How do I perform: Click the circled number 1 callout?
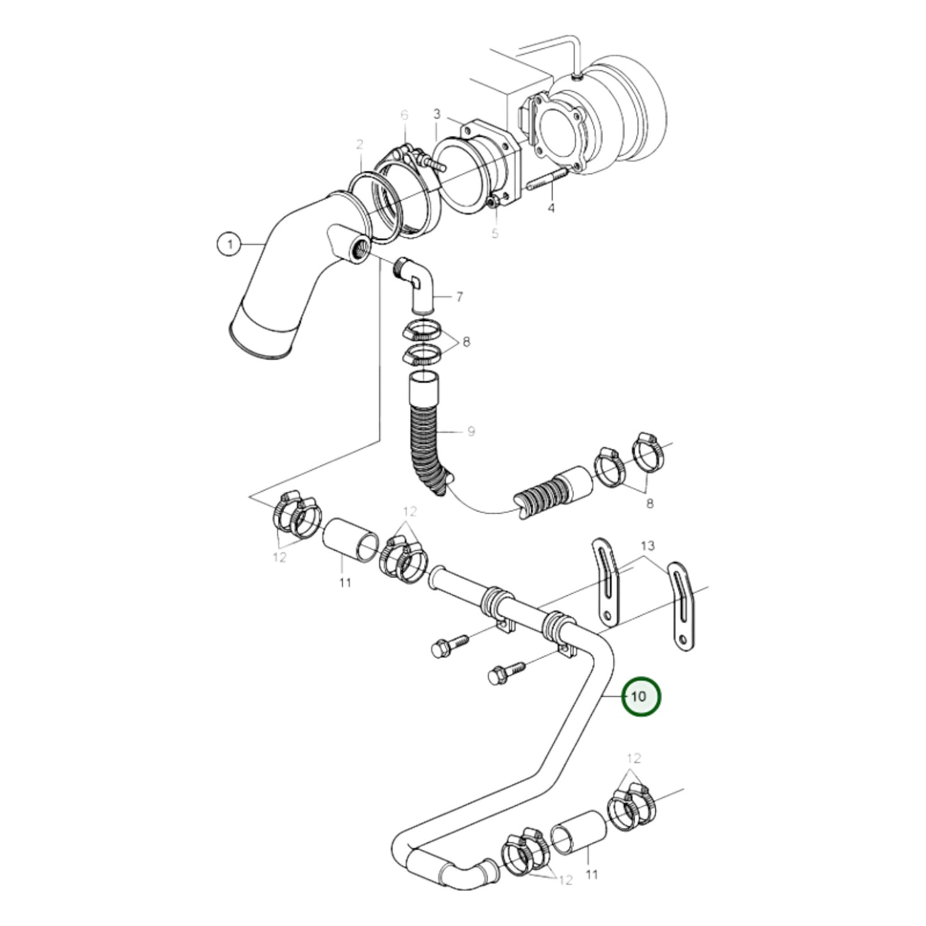point(230,245)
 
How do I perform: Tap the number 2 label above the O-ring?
point(360,144)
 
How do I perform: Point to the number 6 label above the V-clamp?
point(404,115)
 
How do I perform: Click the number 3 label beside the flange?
point(437,114)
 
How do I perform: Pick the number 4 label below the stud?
point(551,208)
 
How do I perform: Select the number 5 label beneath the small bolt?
point(495,234)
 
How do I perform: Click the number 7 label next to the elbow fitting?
point(459,297)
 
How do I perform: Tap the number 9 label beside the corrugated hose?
point(471,431)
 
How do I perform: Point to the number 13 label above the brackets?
point(647,547)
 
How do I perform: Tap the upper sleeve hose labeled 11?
point(349,539)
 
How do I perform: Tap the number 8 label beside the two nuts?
point(466,342)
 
